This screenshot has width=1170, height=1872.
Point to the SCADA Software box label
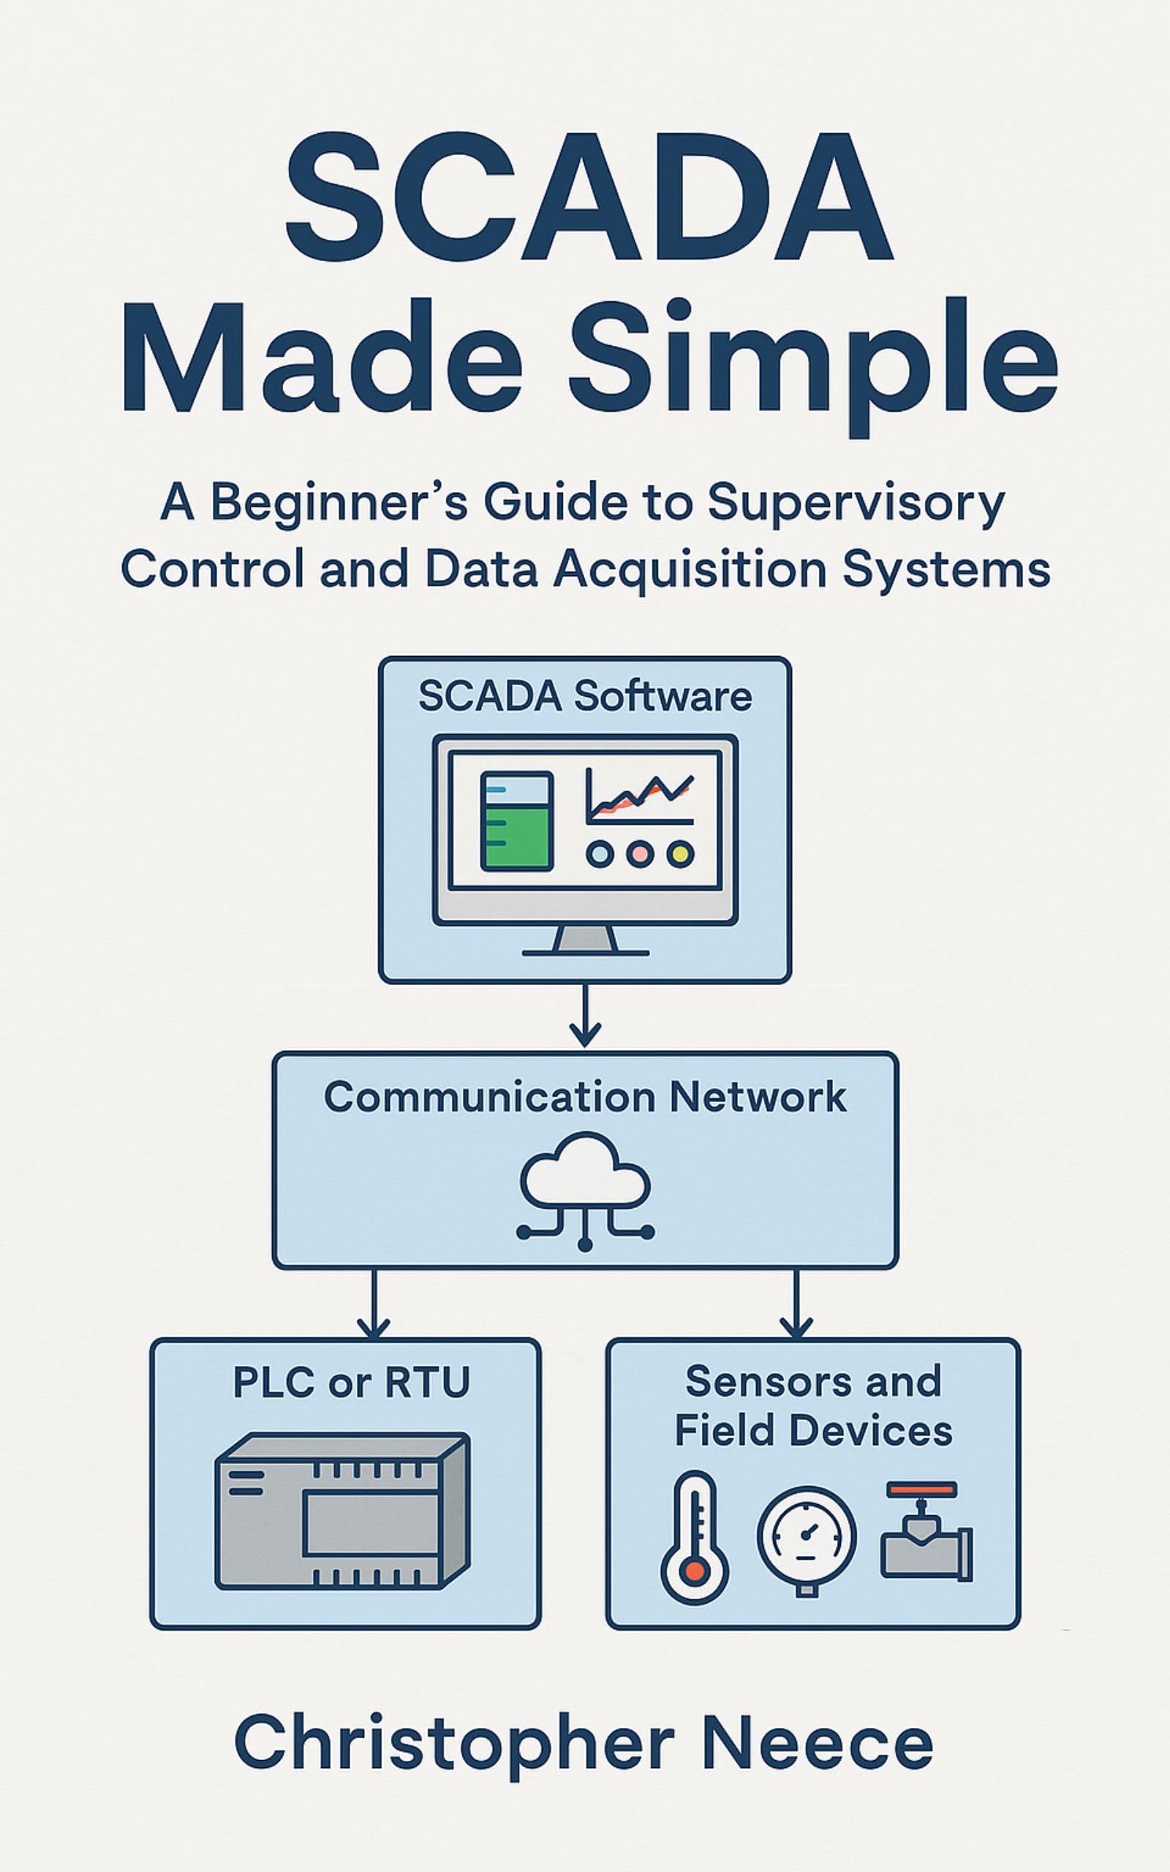(585, 696)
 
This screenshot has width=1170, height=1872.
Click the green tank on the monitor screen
(516, 821)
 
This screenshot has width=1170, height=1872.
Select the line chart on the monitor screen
(639, 797)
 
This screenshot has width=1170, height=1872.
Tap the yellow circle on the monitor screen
(680, 854)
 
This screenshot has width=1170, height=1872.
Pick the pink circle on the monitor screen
(640, 854)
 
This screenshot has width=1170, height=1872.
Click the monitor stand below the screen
(585, 940)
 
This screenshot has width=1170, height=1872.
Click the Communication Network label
(585, 1097)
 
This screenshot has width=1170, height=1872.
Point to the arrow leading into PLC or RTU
(374, 1303)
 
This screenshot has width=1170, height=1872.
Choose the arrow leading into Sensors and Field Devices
(796, 1303)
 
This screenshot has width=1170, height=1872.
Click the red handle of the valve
(921, 1488)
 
